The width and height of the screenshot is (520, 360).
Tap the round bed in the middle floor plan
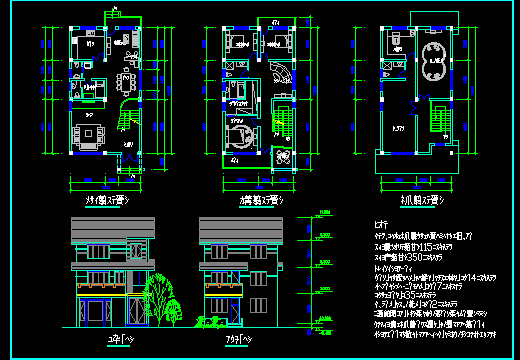[x=240, y=135]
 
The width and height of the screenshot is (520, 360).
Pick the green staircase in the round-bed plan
[x=280, y=115]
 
